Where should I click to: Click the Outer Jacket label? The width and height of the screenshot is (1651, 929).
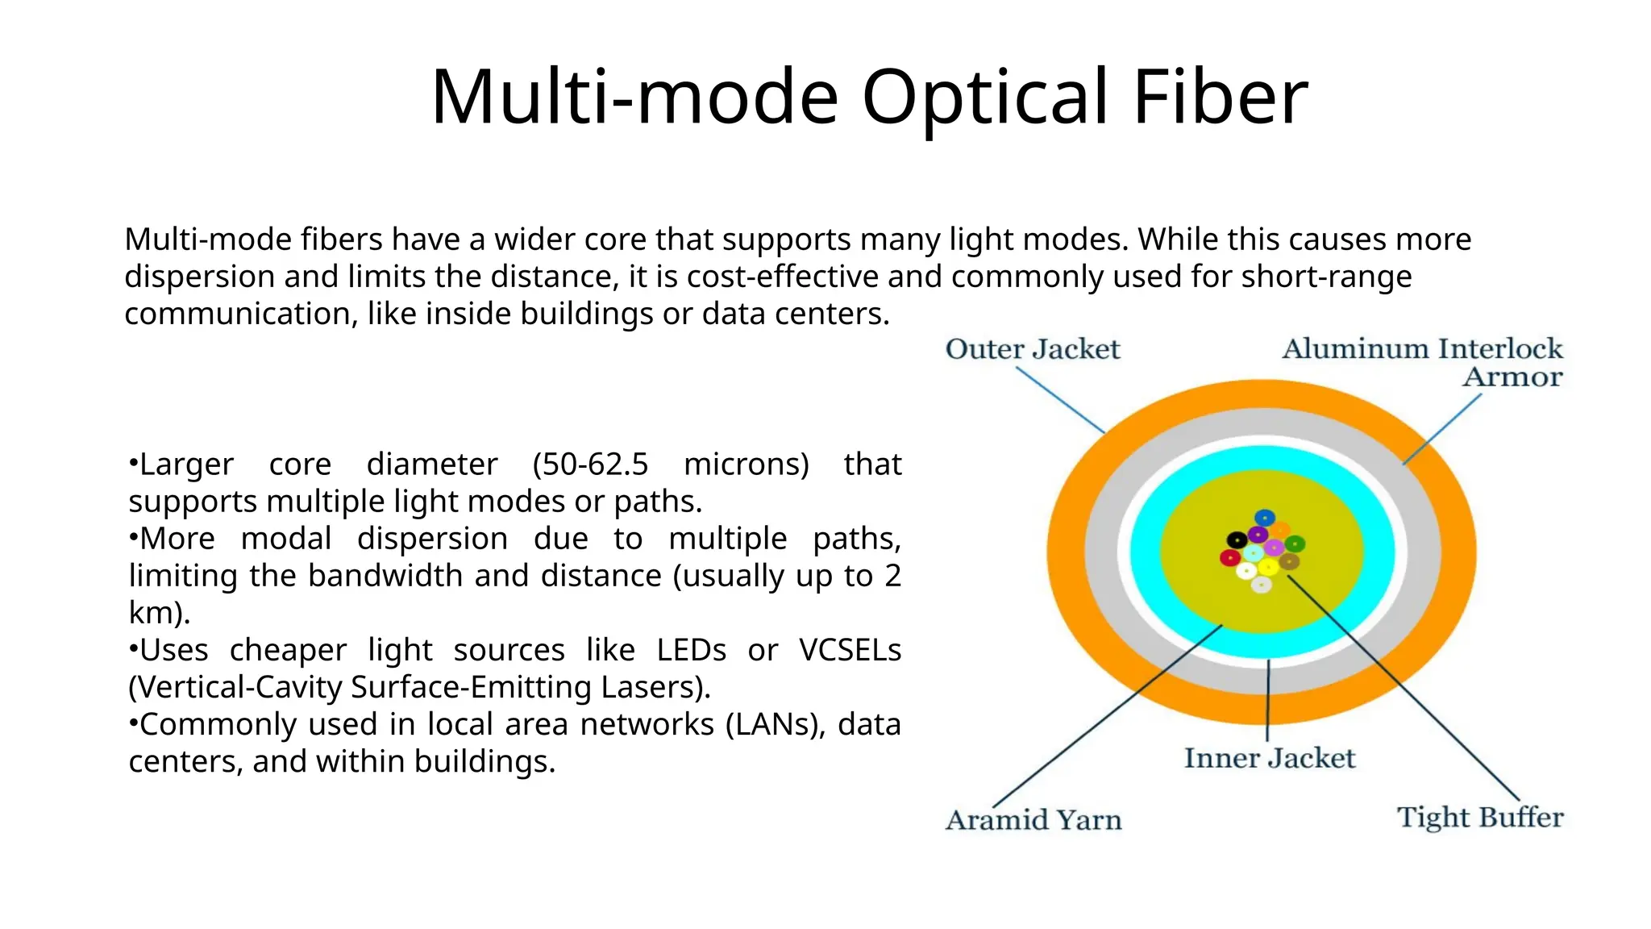[1033, 349]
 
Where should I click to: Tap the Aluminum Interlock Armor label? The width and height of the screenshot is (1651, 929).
[1423, 362]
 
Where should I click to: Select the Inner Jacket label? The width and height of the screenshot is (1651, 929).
[1270, 758]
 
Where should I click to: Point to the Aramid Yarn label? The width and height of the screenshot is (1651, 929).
[1033, 820]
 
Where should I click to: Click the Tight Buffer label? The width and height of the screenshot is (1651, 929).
[1480, 817]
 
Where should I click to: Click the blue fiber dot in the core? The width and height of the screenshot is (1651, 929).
[1265, 518]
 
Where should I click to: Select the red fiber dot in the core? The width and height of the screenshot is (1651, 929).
[1230, 557]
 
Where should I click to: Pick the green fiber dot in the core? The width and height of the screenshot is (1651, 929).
[1295, 544]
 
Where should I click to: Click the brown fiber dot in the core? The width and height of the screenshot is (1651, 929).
[1289, 561]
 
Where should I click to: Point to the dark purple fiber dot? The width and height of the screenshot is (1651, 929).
[1258, 535]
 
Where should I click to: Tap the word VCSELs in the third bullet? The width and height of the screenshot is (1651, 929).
[850, 650]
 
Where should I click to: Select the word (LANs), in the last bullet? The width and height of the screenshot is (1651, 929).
[776, 724]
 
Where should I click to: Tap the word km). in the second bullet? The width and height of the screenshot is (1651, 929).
[160, 613]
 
